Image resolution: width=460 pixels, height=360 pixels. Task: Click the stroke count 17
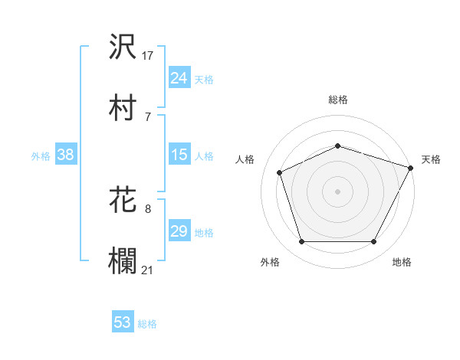tap(148, 56)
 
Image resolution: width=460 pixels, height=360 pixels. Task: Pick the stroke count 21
tap(148, 269)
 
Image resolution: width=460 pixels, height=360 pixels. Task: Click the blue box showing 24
tap(179, 78)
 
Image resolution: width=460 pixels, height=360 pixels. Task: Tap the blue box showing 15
tap(179, 155)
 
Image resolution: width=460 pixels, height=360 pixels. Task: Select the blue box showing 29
tap(179, 232)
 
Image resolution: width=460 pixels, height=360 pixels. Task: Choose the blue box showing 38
tap(65, 155)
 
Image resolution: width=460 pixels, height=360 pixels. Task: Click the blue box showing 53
tap(122, 322)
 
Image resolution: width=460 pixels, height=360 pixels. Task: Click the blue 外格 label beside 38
tap(41, 156)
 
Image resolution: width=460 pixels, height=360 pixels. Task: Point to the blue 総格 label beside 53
tap(147, 323)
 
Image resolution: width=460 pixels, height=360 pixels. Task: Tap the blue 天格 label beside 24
tap(204, 79)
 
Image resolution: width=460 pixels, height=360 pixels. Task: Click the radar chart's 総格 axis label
tap(338, 100)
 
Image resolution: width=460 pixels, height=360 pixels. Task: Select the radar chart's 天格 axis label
tap(432, 159)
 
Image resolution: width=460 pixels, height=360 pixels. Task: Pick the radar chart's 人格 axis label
tap(245, 159)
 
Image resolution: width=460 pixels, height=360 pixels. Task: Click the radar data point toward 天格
tap(412, 168)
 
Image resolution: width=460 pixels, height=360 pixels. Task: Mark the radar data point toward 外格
tap(301, 242)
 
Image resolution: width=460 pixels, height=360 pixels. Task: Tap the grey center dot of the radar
tap(338, 191)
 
